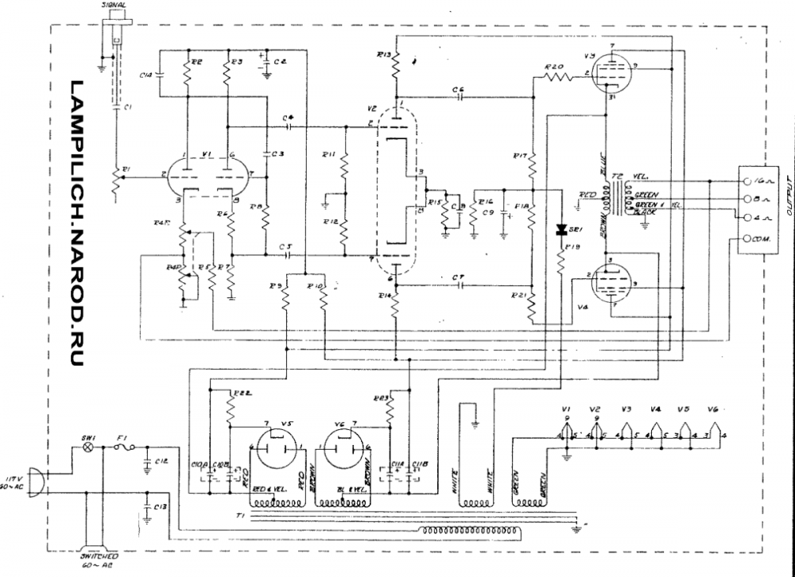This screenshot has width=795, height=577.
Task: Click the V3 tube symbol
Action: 612,74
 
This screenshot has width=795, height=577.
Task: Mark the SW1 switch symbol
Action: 89,448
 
